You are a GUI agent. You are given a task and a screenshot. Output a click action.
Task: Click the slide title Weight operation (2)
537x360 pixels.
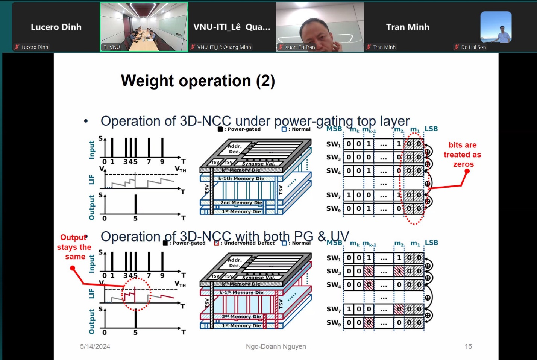point(198,81)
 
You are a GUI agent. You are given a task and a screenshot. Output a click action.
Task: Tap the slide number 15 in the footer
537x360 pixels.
point(468,346)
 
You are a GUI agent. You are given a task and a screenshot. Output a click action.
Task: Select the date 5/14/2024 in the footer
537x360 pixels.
point(95,346)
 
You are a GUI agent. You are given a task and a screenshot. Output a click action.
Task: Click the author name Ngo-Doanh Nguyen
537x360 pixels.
point(276,346)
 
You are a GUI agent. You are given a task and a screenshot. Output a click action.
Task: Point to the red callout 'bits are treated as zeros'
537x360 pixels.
point(462,155)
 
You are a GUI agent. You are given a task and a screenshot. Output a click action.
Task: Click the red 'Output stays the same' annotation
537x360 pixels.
point(74,247)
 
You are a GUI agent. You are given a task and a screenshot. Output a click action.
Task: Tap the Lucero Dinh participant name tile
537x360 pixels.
point(56,27)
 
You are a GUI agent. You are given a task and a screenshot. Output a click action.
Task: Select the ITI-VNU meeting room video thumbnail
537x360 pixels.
point(144,27)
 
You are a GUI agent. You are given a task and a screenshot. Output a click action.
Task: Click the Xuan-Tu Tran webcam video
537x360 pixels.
point(320,27)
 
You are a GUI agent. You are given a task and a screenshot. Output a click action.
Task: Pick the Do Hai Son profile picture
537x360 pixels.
point(496,27)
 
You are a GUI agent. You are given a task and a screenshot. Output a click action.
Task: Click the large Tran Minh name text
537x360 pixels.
point(408,27)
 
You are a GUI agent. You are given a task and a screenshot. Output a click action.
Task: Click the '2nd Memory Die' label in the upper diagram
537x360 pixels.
point(241,203)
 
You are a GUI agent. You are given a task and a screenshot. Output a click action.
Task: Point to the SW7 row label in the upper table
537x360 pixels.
point(333,195)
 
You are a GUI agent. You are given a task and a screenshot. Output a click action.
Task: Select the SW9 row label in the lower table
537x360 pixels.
point(333,322)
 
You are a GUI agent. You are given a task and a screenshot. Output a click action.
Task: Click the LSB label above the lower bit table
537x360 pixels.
point(431,243)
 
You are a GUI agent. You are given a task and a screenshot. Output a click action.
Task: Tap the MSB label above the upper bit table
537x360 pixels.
point(334,129)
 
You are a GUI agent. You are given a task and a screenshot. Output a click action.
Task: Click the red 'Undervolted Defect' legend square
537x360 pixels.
point(216,243)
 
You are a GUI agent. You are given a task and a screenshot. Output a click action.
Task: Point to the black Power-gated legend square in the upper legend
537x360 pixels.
point(220,129)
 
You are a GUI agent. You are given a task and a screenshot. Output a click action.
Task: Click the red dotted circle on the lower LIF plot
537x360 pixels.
point(137,294)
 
